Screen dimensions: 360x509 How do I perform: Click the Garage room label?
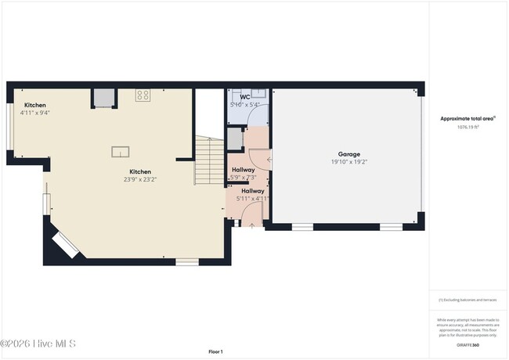pyautogui.click(x=348, y=154)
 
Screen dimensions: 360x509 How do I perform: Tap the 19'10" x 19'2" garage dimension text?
pyautogui.click(x=348, y=162)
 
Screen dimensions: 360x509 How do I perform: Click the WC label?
pyautogui.click(x=245, y=97)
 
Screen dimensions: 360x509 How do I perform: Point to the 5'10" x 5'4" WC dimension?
pyautogui.click(x=245, y=104)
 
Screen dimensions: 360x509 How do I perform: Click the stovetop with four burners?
pyautogui.click(x=143, y=95)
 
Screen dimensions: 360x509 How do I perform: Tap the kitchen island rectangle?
pyautogui.click(x=121, y=152)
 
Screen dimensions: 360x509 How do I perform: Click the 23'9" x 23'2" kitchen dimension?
pyautogui.click(x=140, y=179)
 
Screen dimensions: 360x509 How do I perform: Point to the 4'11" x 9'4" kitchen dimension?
pyautogui.click(x=35, y=113)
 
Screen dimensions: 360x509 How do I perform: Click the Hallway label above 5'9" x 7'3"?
pyautogui.click(x=244, y=169)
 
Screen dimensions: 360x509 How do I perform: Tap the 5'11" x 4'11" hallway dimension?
pyautogui.click(x=252, y=199)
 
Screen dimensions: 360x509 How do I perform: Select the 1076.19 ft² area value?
pyautogui.click(x=467, y=126)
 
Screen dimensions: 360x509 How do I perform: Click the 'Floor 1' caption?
pyautogui.click(x=215, y=351)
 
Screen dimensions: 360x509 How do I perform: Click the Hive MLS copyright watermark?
pyautogui.click(x=38, y=344)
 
